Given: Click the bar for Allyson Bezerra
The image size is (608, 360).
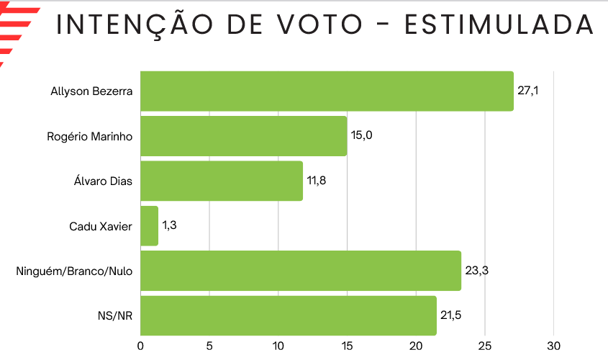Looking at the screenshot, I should pos(327,91).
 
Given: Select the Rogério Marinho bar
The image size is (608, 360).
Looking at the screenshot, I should pos(243,136).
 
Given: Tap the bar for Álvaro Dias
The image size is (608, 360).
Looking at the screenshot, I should pos(222,181).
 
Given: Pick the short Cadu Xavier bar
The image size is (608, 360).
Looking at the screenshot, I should pos(149,226).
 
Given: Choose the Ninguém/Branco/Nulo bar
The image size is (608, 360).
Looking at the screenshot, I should pos(301,271).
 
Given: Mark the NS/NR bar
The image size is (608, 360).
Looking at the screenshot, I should pos(288,315).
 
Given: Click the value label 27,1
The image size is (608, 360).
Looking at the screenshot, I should pos(527,91).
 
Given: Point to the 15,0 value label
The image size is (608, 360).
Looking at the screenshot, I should pos(361,135).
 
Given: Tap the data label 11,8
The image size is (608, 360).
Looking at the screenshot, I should pos(317,180).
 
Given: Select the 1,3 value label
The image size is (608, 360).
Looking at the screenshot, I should pos(169,225).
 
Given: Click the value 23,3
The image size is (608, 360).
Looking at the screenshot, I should pos(475,270).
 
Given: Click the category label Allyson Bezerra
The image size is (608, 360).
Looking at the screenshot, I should pos(91,91).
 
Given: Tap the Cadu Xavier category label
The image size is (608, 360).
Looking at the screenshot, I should pos(101,226).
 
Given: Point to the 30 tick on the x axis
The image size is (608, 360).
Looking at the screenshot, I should pos(553,346).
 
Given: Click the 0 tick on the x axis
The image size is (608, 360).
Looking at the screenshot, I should pos(140,346).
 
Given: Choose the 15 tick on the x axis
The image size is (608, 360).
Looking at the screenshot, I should pos(347,346).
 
